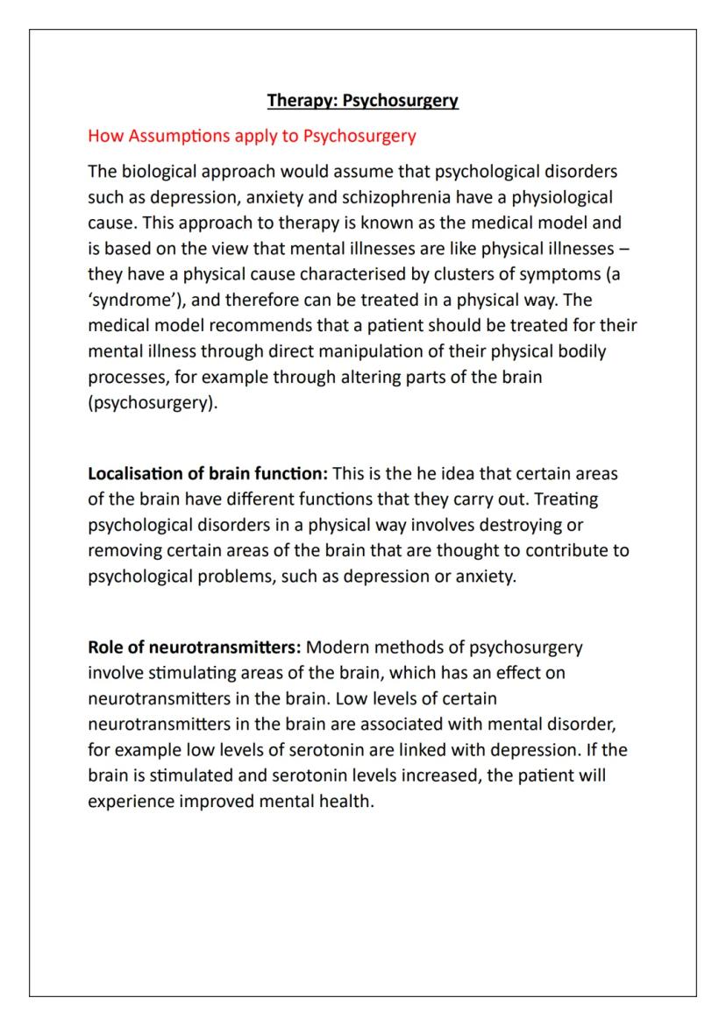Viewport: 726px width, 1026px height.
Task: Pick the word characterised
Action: point(352,274)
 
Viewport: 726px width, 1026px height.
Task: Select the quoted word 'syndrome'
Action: point(132,300)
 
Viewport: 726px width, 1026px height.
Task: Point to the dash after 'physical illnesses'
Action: point(623,249)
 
